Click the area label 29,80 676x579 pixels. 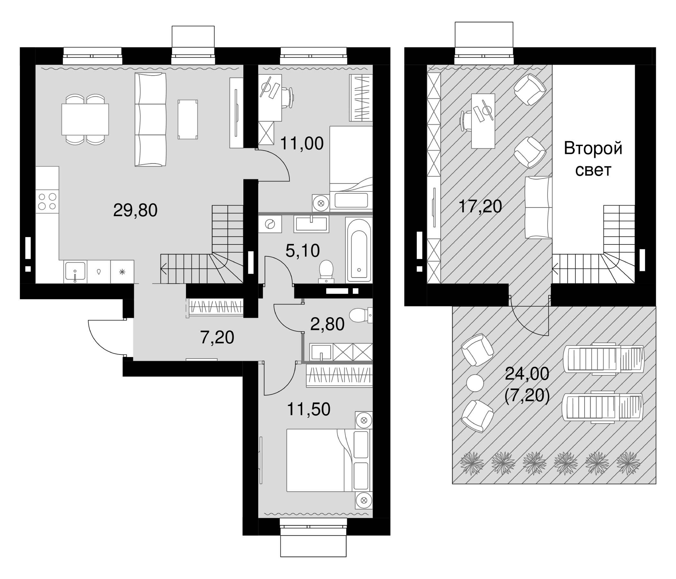(x=135, y=210)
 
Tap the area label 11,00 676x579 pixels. (x=302, y=143)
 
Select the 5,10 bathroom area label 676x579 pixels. (x=303, y=251)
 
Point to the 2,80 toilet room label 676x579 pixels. (x=327, y=324)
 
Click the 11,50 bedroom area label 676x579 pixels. (x=309, y=409)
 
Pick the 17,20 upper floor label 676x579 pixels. (x=480, y=207)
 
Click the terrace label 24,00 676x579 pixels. (x=527, y=374)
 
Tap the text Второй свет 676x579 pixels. (x=593, y=160)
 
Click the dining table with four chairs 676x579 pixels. (x=85, y=119)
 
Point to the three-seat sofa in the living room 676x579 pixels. (x=151, y=119)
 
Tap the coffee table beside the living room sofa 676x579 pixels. (x=188, y=119)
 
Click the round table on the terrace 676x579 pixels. (x=475, y=383)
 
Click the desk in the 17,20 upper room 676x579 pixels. (x=483, y=121)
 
